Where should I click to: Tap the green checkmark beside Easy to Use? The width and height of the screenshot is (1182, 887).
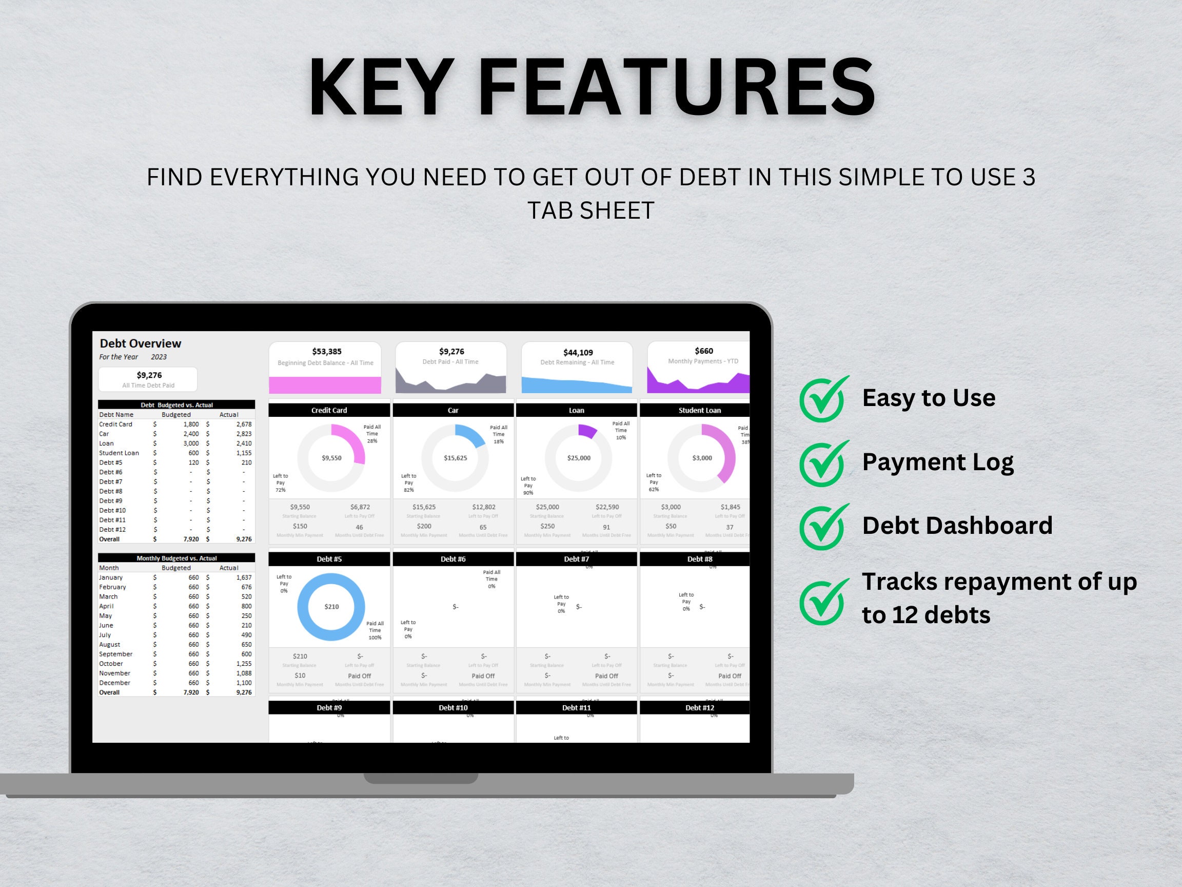point(822,399)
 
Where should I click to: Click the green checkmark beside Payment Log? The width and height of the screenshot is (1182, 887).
point(822,464)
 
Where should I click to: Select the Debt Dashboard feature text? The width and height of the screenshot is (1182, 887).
point(956,526)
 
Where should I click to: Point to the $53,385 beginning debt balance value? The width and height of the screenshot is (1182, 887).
point(326,351)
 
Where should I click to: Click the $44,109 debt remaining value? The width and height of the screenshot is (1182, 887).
point(578,352)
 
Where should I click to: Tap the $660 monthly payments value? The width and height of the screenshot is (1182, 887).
point(703,351)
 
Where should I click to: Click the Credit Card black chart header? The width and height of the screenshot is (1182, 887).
point(329,410)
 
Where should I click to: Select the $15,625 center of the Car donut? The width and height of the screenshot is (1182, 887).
point(455,458)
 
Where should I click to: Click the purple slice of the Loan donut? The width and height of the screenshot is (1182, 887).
point(587,431)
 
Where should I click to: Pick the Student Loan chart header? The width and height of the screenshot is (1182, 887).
point(699,410)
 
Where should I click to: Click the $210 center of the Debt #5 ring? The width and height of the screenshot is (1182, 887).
point(331,606)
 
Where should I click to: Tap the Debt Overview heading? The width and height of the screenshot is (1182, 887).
point(140,343)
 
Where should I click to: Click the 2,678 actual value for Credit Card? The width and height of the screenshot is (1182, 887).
point(244,424)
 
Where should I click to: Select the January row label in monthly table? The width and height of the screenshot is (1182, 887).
point(111,577)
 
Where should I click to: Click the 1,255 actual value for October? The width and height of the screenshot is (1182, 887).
point(243,664)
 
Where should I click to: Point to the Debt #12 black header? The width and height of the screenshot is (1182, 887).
point(699,707)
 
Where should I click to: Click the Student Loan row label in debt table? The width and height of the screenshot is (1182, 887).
point(119,453)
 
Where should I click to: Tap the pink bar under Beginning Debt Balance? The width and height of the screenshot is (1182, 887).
point(325,385)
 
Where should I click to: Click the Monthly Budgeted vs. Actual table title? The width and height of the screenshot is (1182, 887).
point(176,558)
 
